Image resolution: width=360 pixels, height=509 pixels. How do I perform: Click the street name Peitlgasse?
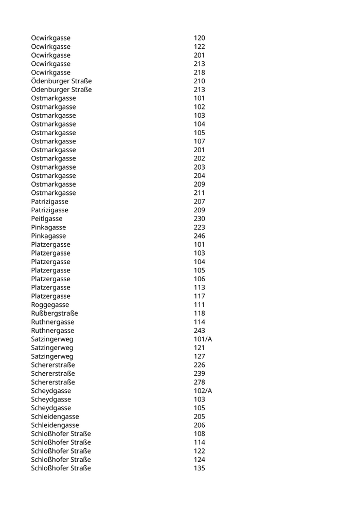click(46, 219)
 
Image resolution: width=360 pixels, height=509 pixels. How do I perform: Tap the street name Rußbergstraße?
click(55, 313)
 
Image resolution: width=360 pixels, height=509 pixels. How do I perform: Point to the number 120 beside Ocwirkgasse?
click(199, 38)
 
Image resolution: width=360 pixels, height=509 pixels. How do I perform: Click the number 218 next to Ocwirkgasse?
click(199, 72)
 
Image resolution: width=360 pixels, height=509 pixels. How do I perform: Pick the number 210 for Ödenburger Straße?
click(199, 81)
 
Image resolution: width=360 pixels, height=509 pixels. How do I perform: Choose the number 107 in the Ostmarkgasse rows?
click(199, 141)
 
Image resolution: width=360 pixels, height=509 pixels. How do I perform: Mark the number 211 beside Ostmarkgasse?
click(199, 193)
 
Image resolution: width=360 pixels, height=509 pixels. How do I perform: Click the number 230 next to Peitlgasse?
click(199, 219)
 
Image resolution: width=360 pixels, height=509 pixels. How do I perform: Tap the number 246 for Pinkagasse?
click(199, 236)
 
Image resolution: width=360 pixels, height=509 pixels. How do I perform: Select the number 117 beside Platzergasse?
click(199, 296)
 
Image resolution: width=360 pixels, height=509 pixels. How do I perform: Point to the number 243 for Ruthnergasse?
click(199, 331)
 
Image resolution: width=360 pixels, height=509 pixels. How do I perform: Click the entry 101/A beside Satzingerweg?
click(203, 339)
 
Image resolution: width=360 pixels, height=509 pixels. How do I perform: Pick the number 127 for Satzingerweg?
click(199, 356)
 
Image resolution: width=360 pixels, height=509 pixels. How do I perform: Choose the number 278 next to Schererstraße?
click(199, 382)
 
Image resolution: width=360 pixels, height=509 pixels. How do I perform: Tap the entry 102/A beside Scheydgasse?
click(203, 391)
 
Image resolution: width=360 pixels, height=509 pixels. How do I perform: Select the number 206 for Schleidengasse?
click(199, 425)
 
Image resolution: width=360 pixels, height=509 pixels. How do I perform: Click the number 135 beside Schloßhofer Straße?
click(199, 468)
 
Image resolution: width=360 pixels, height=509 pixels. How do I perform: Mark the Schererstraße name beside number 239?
click(53, 373)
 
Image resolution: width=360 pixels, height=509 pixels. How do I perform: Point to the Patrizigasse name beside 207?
click(49, 202)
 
